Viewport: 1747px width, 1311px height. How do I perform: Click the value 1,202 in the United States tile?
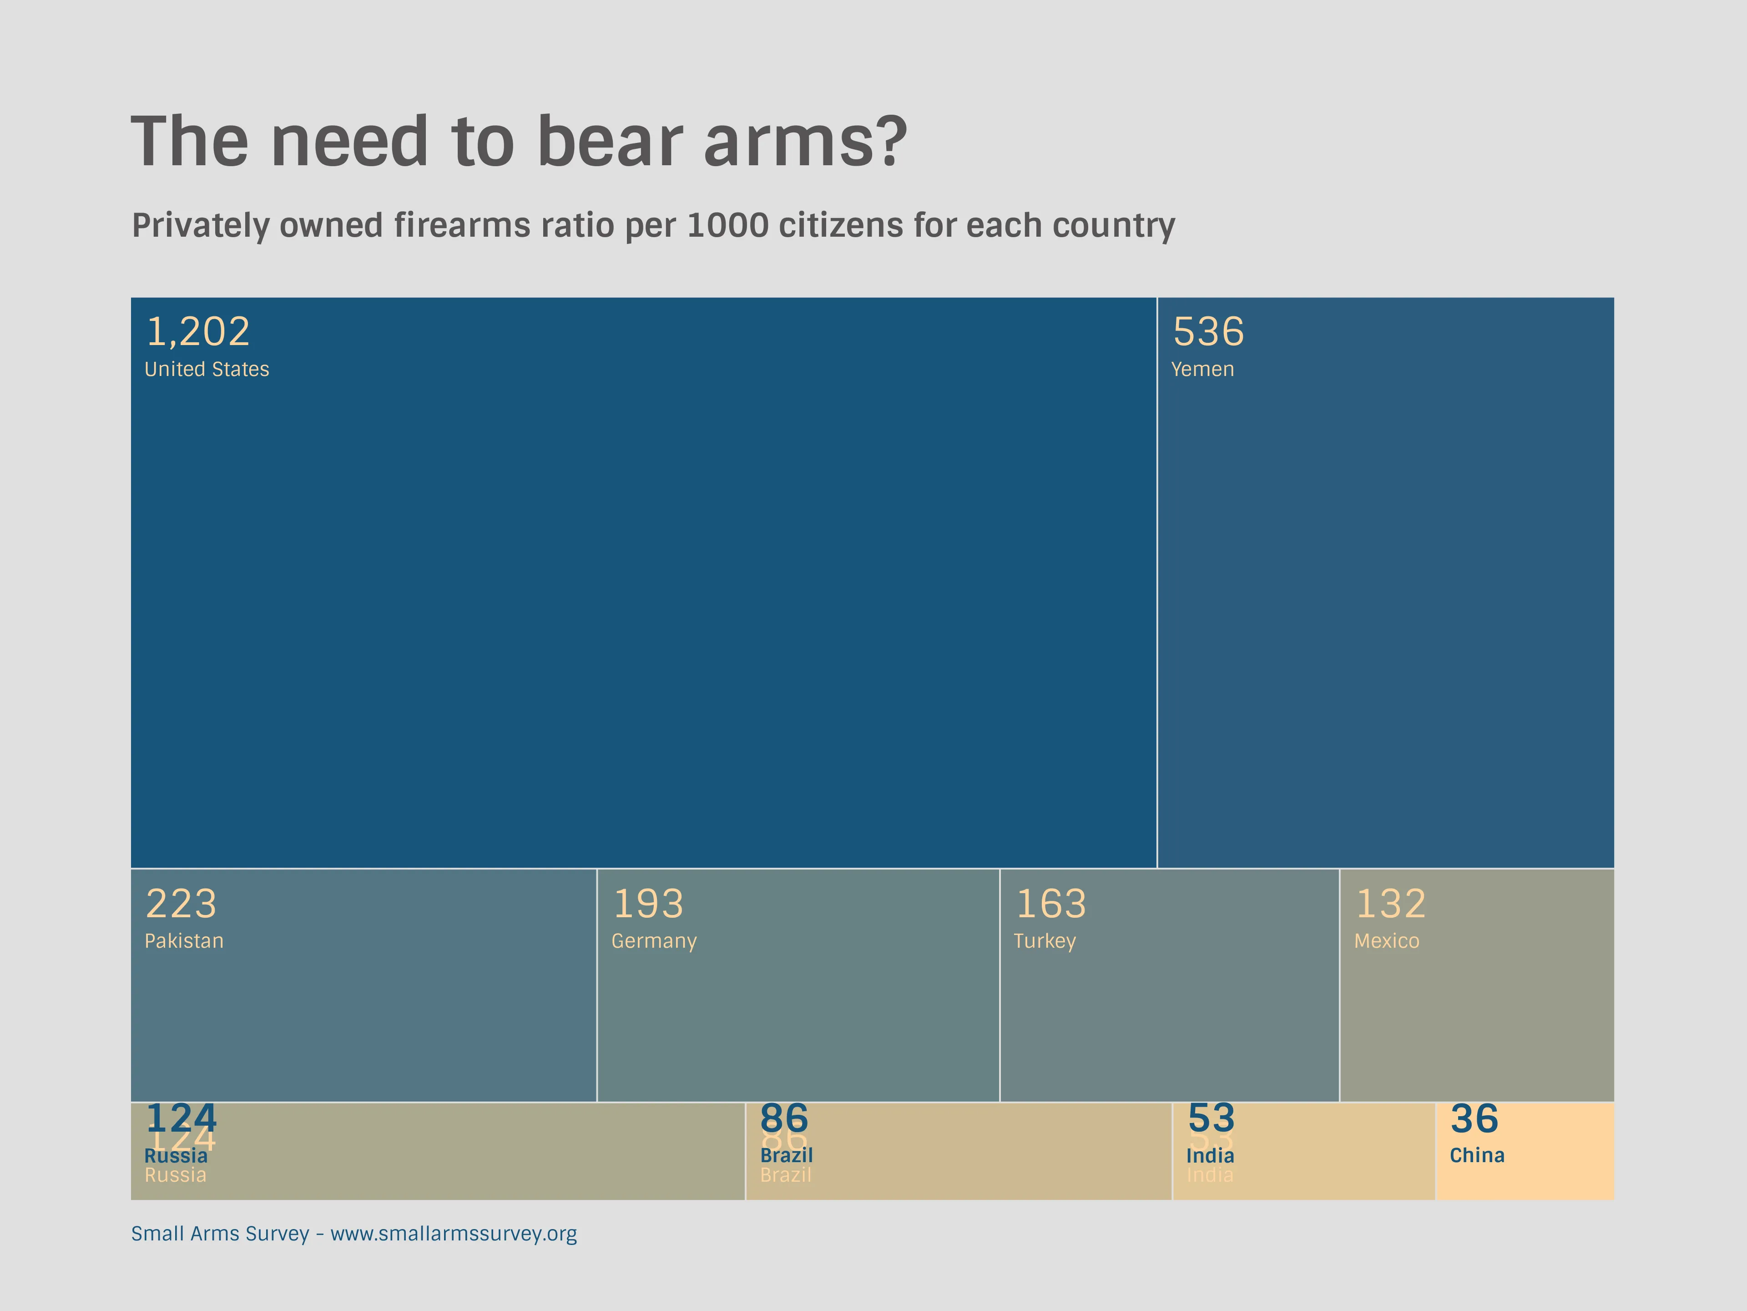[198, 332]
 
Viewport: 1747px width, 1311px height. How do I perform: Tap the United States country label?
[207, 370]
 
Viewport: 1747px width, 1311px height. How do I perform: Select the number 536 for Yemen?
[1208, 332]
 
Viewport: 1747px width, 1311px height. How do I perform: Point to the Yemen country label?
[1202, 370]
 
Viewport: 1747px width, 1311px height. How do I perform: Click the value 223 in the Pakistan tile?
[181, 904]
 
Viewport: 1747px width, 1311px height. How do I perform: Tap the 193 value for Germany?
[648, 904]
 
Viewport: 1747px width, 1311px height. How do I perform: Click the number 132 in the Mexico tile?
[1391, 904]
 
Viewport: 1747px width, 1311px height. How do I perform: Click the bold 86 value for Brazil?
[784, 1118]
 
